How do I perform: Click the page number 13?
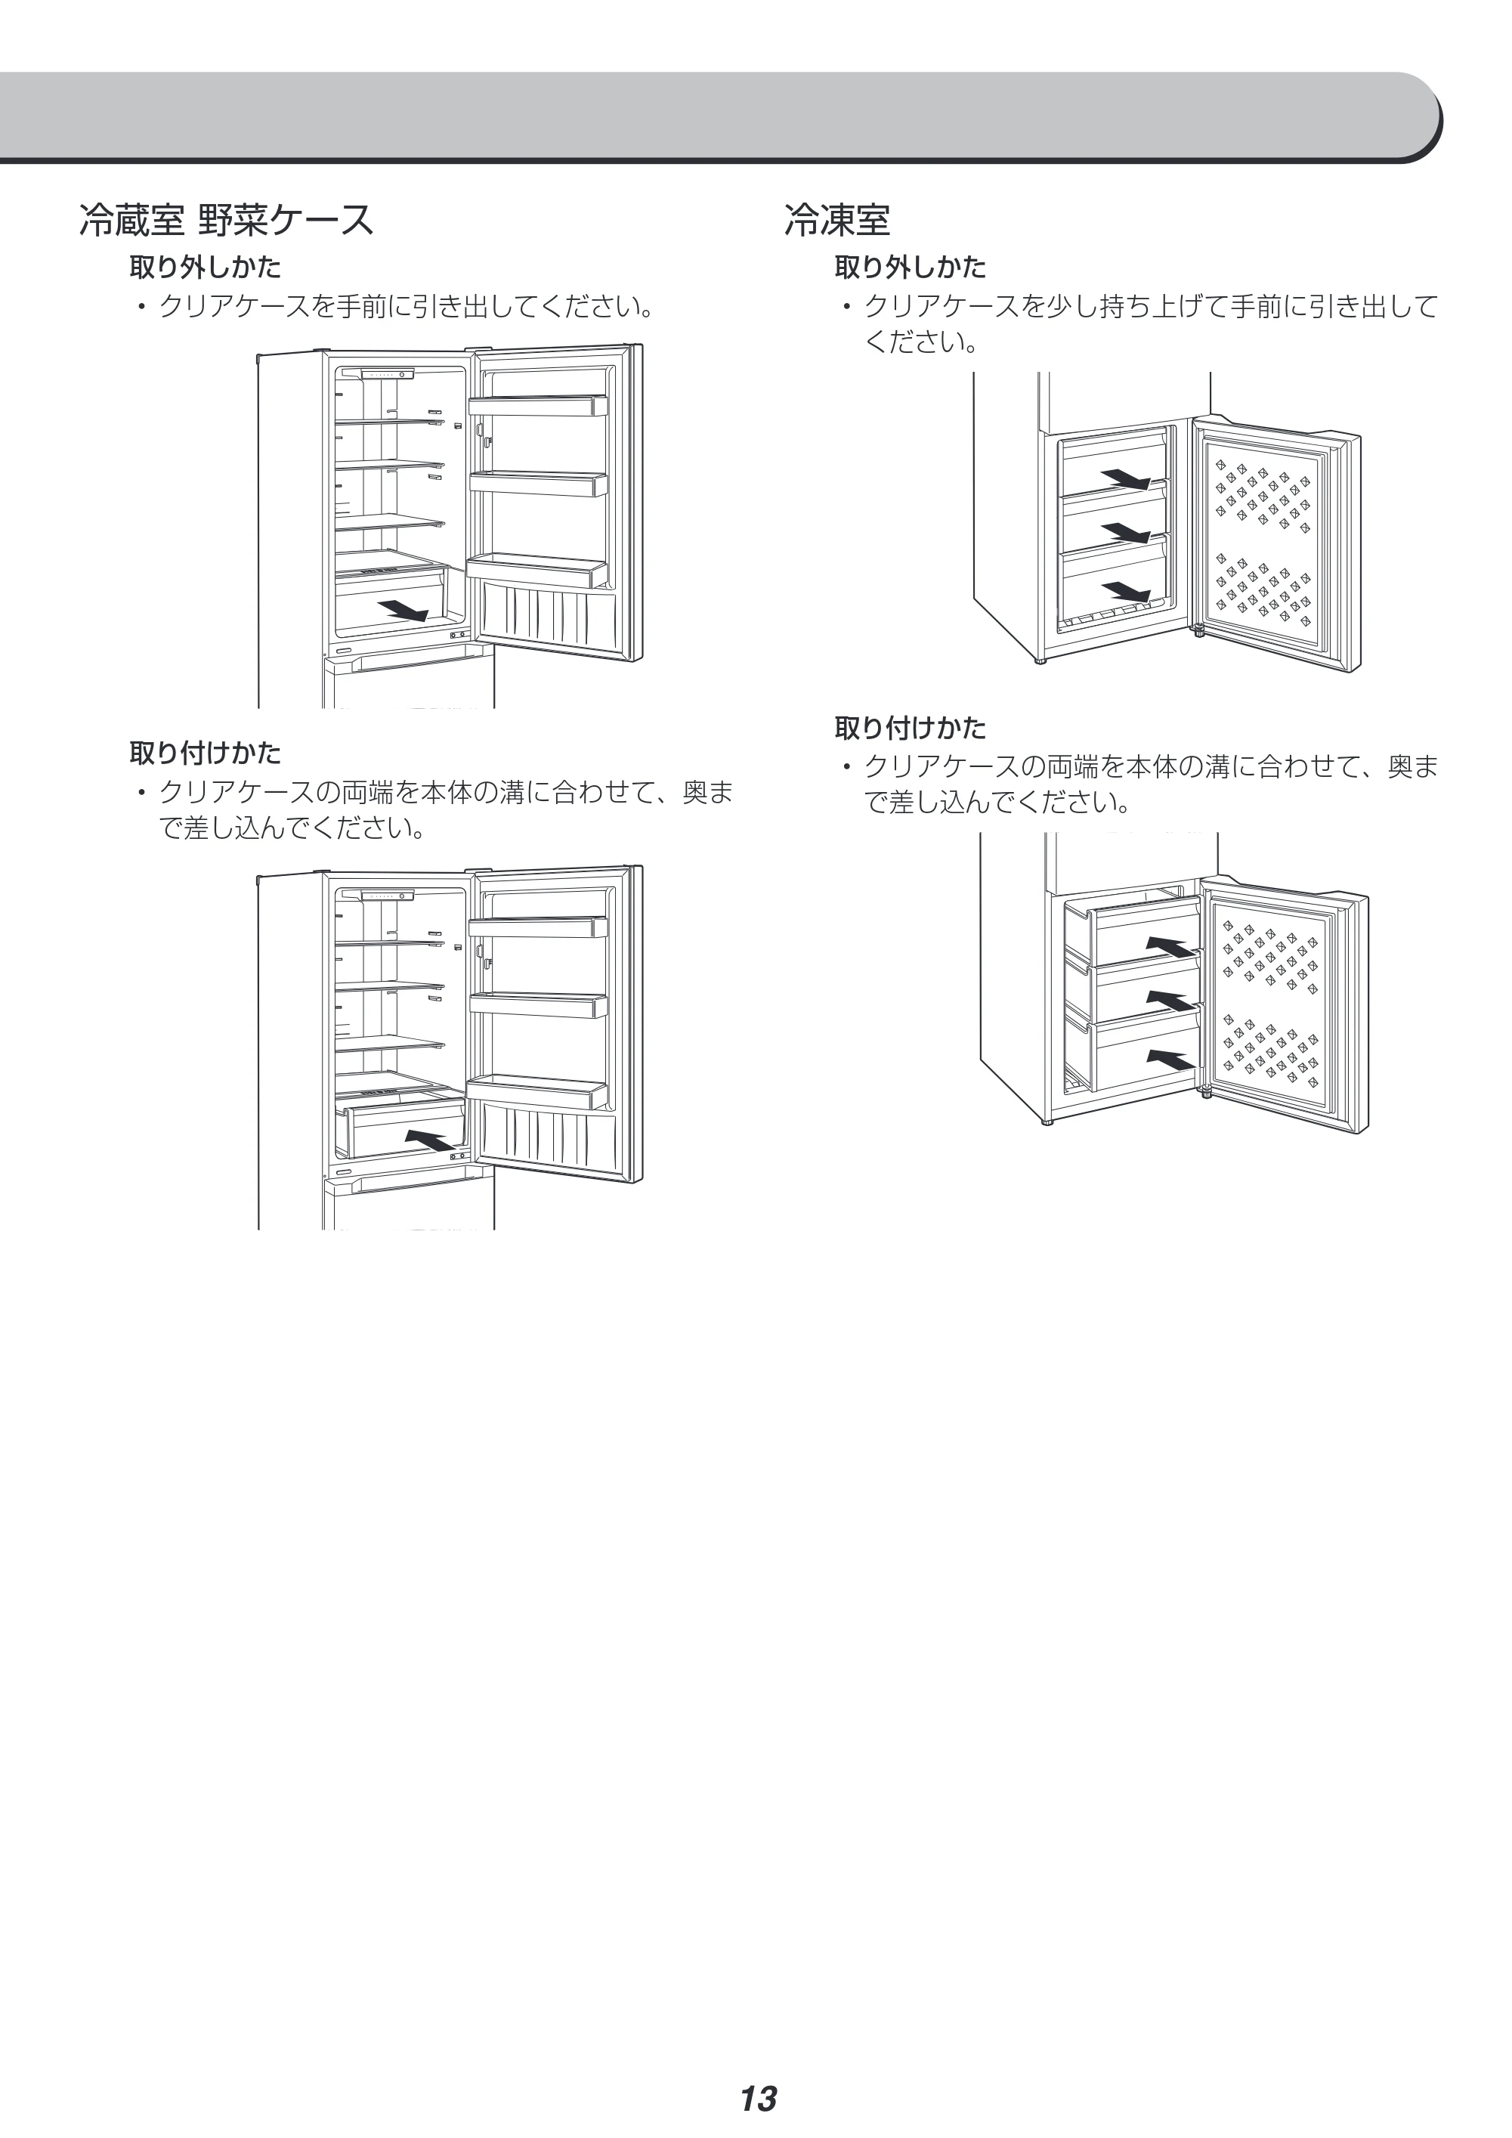tap(758, 2073)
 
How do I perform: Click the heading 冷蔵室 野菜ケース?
tap(226, 221)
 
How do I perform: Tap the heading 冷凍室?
tap(837, 221)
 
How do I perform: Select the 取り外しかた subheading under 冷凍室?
tap(910, 268)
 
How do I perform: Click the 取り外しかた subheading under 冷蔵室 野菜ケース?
tap(205, 268)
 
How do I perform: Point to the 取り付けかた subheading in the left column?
tap(205, 753)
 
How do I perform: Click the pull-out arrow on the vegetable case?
tap(404, 610)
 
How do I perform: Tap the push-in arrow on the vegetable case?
tap(434, 1140)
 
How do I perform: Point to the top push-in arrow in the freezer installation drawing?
tap(1171, 946)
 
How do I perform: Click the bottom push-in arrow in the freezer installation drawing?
tap(1171, 1060)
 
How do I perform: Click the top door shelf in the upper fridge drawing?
tap(538, 406)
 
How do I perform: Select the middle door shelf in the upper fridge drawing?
tap(538, 484)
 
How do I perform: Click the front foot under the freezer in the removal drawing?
tap(1040, 661)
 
